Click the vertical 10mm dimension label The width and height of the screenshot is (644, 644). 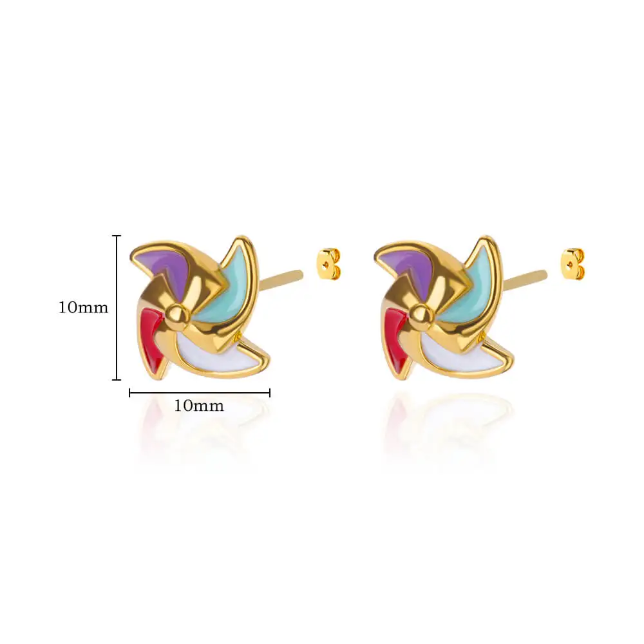coord(83,307)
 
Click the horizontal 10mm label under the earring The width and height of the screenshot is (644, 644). coord(199,406)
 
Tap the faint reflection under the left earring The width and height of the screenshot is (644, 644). coord(200,431)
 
